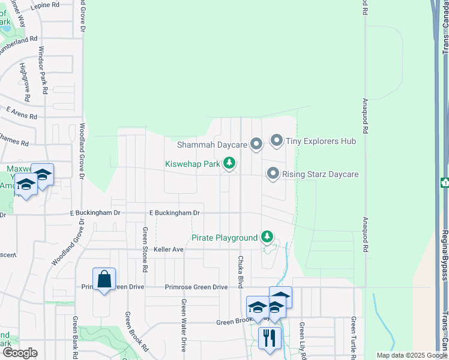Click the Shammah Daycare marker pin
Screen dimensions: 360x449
click(256, 144)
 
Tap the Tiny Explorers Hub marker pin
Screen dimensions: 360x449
click(276, 141)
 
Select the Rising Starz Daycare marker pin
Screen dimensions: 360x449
click(273, 174)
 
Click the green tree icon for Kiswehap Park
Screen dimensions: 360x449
click(229, 163)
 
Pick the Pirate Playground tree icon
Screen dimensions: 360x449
click(267, 238)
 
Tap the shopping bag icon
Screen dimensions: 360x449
click(104, 278)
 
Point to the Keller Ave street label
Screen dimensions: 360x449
click(169, 249)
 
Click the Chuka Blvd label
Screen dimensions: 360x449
click(240, 272)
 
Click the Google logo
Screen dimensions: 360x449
click(20, 353)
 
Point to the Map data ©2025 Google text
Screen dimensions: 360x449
click(411, 355)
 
